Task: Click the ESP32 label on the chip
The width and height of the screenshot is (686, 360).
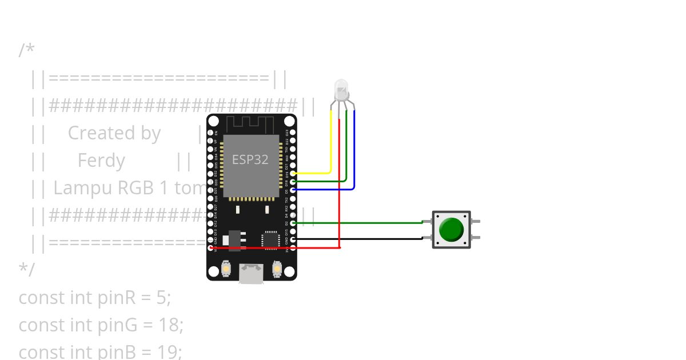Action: (x=250, y=160)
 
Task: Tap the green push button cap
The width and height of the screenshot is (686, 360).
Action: (x=452, y=229)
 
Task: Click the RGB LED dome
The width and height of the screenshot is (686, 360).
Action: (x=341, y=89)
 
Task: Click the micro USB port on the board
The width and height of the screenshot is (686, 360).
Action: (x=252, y=274)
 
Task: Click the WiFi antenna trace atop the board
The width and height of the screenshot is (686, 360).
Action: (x=252, y=123)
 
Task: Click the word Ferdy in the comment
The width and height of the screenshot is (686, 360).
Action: (x=101, y=161)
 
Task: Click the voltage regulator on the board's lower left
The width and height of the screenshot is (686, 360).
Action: (x=234, y=240)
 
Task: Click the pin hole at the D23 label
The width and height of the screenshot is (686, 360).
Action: (x=293, y=132)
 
